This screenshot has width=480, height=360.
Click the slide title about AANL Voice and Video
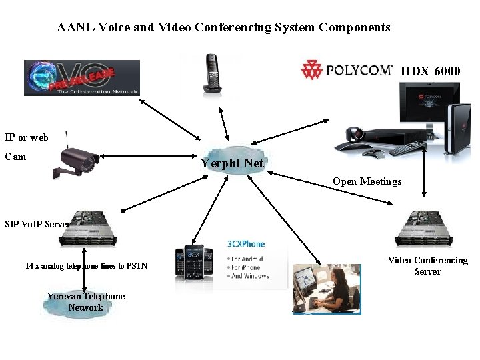click(223, 27)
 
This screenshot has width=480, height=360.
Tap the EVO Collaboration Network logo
click(81, 78)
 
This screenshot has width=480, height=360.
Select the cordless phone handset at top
click(213, 73)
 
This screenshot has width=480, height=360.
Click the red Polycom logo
click(347, 69)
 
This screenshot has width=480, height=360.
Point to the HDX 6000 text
click(430, 71)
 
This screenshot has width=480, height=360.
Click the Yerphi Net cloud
click(233, 162)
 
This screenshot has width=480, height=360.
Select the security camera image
click(77, 160)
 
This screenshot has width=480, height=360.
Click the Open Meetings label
click(367, 181)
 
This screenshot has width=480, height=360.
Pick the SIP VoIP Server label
click(37, 224)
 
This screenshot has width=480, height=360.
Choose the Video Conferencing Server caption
click(427, 266)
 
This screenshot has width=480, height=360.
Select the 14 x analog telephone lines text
click(86, 266)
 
